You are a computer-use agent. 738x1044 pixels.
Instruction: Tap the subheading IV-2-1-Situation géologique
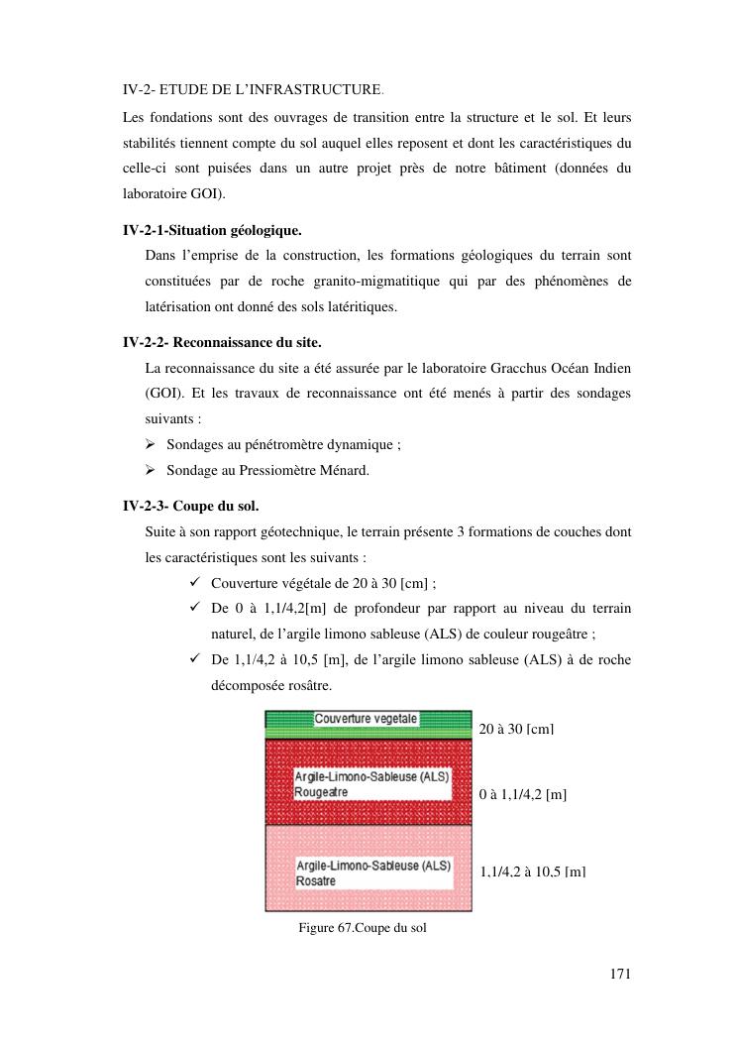click(212, 231)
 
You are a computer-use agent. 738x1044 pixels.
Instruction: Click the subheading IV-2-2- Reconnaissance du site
click(222, 343)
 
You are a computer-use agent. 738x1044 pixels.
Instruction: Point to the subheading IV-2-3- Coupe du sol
click(190, 506)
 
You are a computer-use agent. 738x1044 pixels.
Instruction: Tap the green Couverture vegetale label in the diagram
click(367, 718)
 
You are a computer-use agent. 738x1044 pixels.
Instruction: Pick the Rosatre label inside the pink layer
click(316, 880)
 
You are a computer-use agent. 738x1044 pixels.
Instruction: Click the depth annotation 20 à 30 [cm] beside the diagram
click(516, 730)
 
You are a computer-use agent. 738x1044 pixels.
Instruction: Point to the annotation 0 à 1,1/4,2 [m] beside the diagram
click(522, 795)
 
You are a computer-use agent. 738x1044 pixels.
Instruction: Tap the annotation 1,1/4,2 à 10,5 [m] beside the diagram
click(533, 871)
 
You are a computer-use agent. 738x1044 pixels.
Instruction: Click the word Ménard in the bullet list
click(346, 470)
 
